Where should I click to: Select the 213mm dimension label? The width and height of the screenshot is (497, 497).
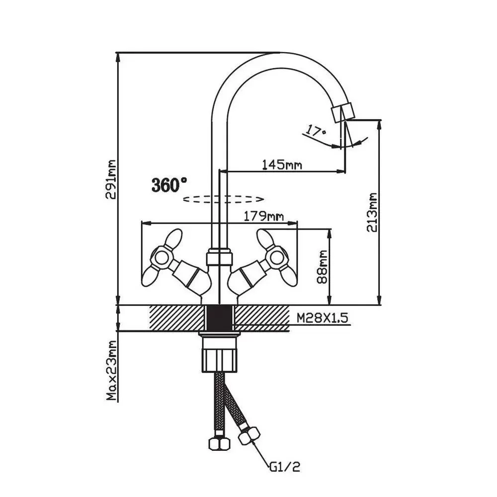(x=372, y=213)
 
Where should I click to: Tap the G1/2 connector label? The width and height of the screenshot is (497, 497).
(x=285, y=467)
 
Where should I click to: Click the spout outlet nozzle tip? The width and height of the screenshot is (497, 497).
(x=342, y=111)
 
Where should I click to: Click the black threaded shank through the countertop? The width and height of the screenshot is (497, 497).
(x=219, y=316)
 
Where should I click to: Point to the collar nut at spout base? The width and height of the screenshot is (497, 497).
(x=219, y=258)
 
